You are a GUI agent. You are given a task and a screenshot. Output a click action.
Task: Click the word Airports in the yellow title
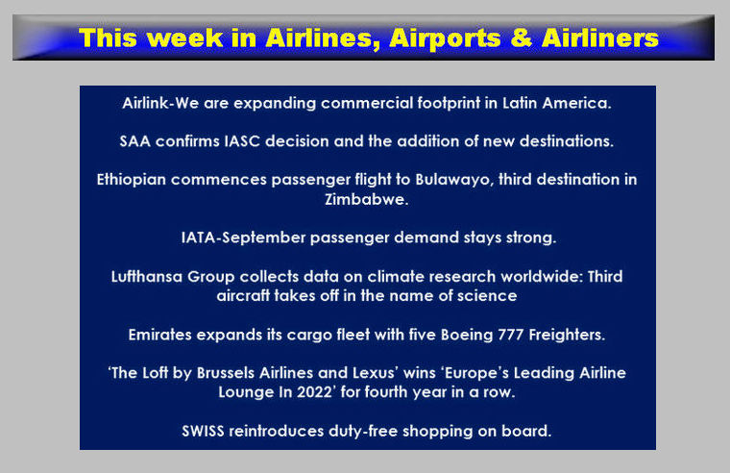[x=445, y=38]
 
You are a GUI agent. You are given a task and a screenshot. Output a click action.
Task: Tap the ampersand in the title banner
[x=522, y=37]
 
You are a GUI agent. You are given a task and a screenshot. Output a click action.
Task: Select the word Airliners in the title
[x=600, y=37]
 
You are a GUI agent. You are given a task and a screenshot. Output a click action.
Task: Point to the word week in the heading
[x=187, y=37]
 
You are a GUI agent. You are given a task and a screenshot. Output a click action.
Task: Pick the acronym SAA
[x=135, y=141]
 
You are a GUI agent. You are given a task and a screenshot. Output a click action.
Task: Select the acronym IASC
[x=242, y=141]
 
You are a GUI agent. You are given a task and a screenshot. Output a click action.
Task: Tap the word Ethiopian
[x=132, y=180]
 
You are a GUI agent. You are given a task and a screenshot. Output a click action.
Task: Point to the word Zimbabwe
[x=366, y=199]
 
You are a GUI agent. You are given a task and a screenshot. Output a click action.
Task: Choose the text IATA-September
[x=243, y=237]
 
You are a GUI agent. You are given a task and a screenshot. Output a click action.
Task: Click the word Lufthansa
[x=147, y=277]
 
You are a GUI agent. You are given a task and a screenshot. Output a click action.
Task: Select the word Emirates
[x=160, y=335]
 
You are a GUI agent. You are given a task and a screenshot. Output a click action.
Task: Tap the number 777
[x=511, y=335]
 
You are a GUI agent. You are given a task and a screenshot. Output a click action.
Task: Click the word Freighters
[x=567, y=335]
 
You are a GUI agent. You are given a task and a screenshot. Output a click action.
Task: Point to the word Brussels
[x=226, y=373]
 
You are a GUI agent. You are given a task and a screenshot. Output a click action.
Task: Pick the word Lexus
[x=376, y=373]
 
